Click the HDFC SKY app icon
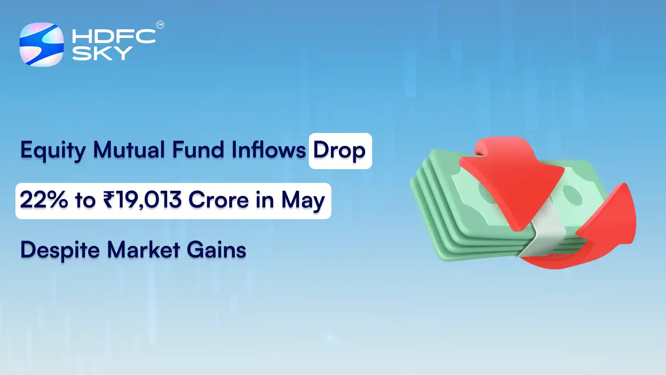(x=42, y=45)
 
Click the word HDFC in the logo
(x=114, y=36)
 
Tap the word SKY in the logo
(x=102, y=53)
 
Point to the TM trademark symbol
(x=160, y=25)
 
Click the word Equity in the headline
(x=52, y=151)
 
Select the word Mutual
(x=129, y=150)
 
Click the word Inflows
(x=268, y=150)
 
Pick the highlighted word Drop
(x=339, y=151)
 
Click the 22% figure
(x=44, y=200)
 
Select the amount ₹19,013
(x=142, y=200)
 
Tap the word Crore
(x=219, y=200)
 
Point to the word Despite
(x=60, y=250)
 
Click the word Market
(x=144, y=250)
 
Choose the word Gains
(x=216, y=250)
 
